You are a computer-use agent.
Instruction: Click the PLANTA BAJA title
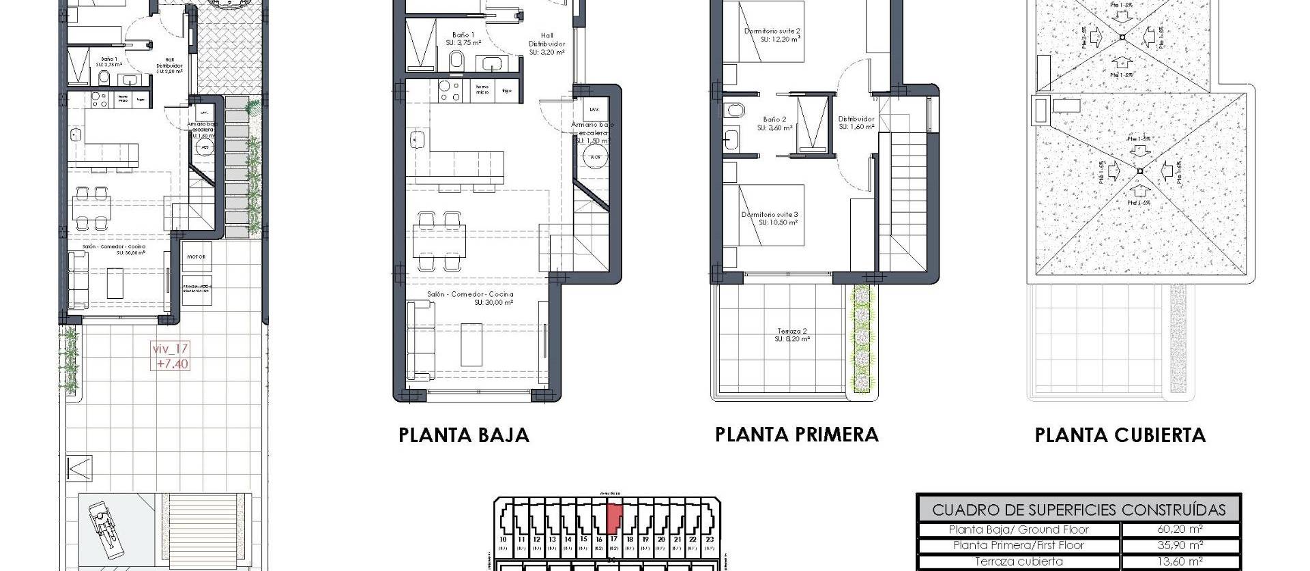point(464,435)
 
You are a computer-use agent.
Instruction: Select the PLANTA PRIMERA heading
point(796,435)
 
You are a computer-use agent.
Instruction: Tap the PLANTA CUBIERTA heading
point(1120,435)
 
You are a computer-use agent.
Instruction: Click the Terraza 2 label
point(792,334)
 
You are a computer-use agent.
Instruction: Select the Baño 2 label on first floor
point(774,123)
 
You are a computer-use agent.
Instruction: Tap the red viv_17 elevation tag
point(170,356)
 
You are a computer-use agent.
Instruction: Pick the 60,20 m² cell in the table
point(1180,529)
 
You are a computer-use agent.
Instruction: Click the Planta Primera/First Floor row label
point(1019,545)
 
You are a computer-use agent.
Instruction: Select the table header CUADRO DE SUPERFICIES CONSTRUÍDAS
point(1078,510)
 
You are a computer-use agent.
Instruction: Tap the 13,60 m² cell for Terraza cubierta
point(1180,561)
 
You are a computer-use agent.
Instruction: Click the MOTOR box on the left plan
point(196,257)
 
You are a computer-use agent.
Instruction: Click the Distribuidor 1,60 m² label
point(856,123)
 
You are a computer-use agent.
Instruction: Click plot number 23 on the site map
point(710,539)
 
